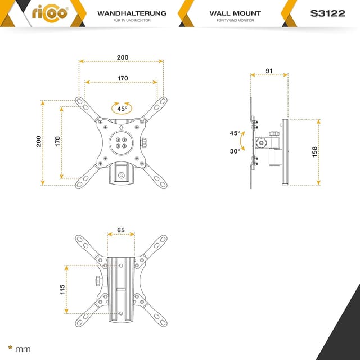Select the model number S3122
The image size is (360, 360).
pos(327,13)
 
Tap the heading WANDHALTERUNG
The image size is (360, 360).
pos(132,13)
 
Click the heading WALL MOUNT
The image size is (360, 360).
pos(235,13)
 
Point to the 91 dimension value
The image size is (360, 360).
pos(269,71)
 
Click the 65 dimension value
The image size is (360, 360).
pos(121,230)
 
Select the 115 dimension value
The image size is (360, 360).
pos(62,289)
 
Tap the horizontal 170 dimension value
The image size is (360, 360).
pos(122,78)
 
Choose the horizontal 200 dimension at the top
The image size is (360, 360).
pos(122,57)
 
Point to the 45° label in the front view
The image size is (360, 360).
pos(122,109)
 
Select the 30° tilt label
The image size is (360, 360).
pos(235,150)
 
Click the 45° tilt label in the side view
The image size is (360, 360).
pos(235,133)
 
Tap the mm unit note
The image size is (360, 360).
pos(23,349)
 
